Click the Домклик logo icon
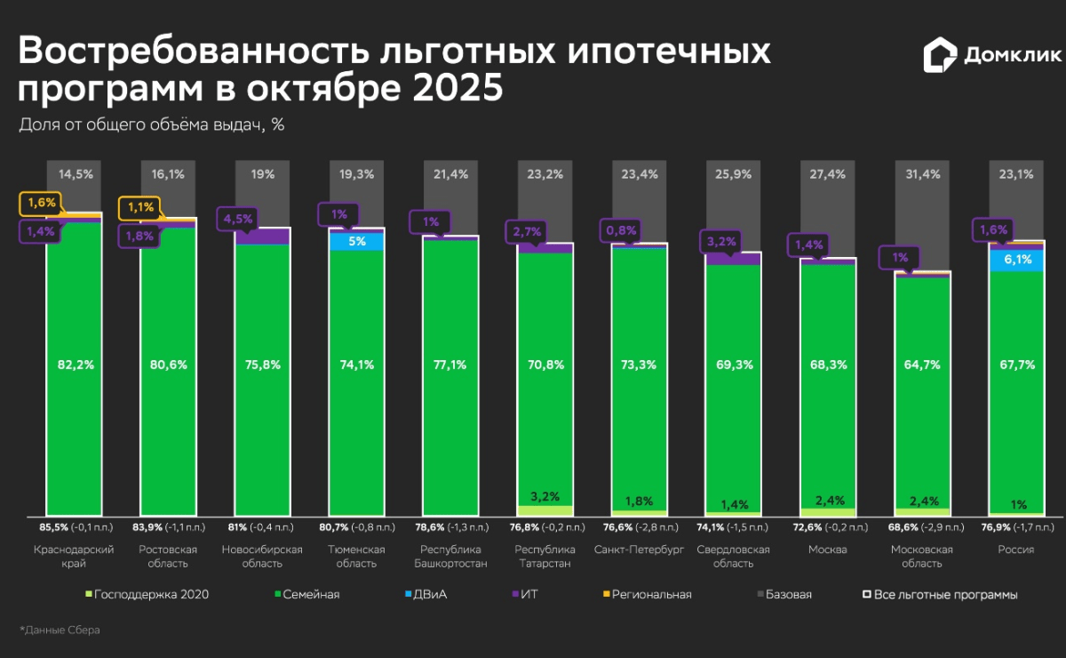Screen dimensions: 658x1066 click(x=940, y=55)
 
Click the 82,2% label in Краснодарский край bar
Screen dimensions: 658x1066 click(x=75, y=365)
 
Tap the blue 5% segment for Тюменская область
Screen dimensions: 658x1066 click(x=357, y=241)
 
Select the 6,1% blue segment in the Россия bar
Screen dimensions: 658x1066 click(x=1017, y=259)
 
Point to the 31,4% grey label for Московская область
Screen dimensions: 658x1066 click(x=923, y=174)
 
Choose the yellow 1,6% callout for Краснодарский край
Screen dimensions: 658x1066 click(x=41, y=203)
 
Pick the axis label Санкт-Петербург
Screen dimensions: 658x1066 click(x=640, y=550)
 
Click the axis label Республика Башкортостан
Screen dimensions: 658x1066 click(x=451, y=557)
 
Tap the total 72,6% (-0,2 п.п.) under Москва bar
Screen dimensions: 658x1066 click(x=827, y=527)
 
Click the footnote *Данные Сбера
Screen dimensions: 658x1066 click(x=60, y=630)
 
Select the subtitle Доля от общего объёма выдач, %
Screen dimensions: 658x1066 click(x=151, y=124)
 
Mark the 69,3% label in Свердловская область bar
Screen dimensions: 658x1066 click(x=734, y=365)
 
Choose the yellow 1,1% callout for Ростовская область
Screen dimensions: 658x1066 click(x=140, y=207)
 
